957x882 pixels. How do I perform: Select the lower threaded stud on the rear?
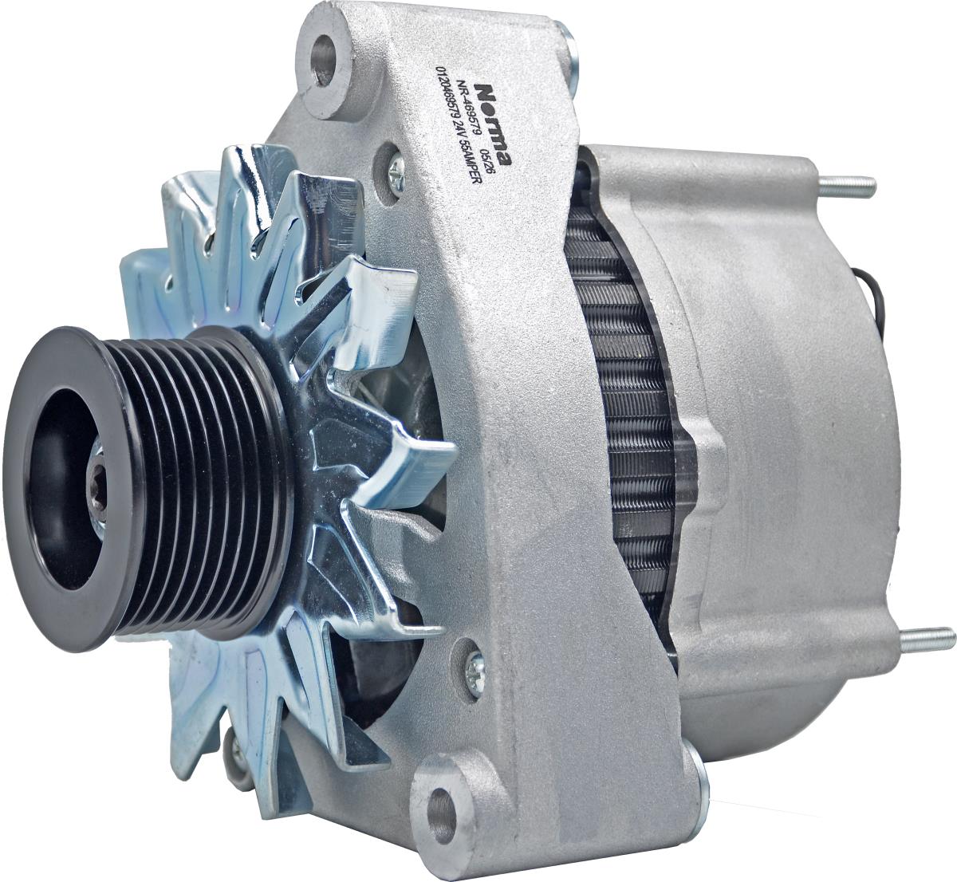tap(922, 639)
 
